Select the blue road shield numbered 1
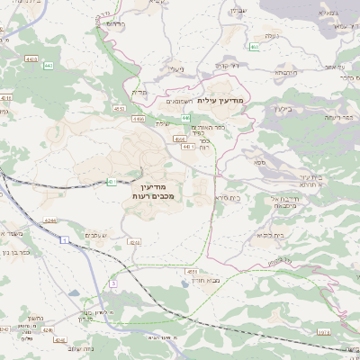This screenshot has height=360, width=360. click(x=65, y=239)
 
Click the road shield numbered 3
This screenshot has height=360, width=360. click(x=113, y=283)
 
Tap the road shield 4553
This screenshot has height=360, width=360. click(x=119, y=108)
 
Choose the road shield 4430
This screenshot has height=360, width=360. click(x=32, y=59)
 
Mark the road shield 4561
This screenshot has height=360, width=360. click(x=179, y=140)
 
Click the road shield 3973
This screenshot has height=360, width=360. click(x=346, y=332)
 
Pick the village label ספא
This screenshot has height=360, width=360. click(x=259, y=162)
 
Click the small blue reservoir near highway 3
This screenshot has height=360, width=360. click(x=71, y=292)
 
